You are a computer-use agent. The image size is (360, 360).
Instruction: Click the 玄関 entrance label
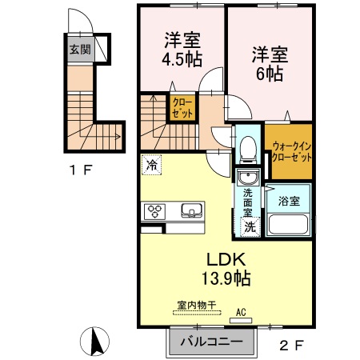point(79,50)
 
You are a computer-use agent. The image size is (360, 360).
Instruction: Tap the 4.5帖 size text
point(182,58)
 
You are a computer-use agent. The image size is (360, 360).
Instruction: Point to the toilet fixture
point(247,146)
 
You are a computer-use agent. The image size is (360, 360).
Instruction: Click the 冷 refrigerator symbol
point(151,166)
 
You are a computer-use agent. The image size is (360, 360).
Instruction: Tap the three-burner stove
point(154,212)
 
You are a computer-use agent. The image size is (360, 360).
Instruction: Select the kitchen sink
point(191,212)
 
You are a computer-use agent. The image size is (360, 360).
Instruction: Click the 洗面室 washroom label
point(248,202)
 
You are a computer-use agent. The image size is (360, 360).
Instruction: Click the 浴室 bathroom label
point(289,200)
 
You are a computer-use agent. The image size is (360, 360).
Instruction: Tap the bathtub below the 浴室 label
point(289,225)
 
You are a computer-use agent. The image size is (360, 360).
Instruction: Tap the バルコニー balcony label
point(211,342)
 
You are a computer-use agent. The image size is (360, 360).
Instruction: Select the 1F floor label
point(81,169)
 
